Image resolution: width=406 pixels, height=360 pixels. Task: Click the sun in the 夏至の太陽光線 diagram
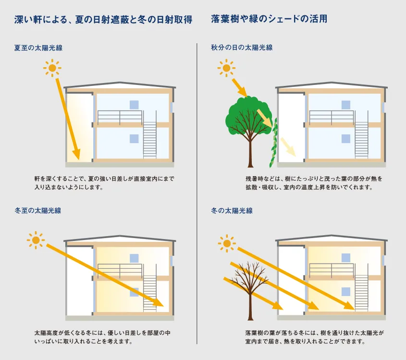(52, 68)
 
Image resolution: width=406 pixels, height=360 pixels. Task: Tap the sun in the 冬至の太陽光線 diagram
(36, 239)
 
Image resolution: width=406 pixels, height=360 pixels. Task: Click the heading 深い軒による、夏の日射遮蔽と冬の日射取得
(103, 20)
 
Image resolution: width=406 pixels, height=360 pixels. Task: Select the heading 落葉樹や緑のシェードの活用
(269, 20)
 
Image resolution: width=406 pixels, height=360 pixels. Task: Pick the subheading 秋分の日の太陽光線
(242, 48)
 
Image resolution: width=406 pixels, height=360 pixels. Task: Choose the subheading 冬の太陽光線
(232, 210)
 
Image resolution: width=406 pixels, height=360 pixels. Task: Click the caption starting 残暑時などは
(313, 183)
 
